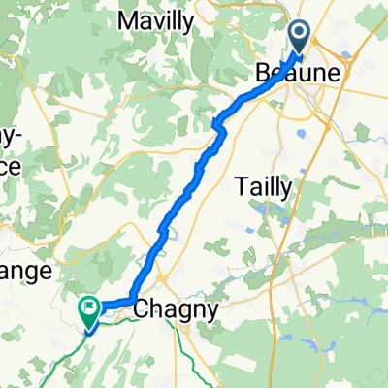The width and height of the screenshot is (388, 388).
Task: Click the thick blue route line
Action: click(x=184, y=194)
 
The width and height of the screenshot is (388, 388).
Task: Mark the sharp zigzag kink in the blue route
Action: click(x=219, y=121)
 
